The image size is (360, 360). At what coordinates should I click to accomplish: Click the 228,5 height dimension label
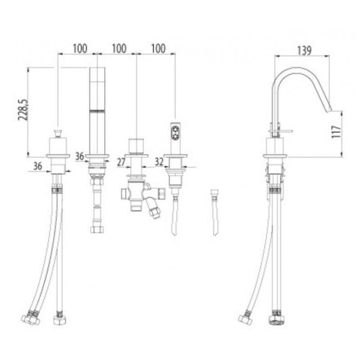tap(23, 110)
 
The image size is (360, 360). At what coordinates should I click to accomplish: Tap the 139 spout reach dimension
tap(305, 50)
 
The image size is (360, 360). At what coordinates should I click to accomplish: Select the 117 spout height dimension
tap(336, 131)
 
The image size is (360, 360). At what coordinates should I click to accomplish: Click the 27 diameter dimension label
tap(121, 162)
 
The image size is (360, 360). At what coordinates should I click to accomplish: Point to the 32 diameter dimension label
tap(159, 162)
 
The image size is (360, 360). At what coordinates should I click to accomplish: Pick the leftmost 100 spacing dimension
tap(80, 49)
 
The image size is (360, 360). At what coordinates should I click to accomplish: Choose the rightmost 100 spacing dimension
tap(158, 49)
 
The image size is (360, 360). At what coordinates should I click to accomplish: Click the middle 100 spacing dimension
tap(119, 49)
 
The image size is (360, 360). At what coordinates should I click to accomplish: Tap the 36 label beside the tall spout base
tap(80, 156)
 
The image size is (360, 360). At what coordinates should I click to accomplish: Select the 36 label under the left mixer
tap(38, 166)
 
